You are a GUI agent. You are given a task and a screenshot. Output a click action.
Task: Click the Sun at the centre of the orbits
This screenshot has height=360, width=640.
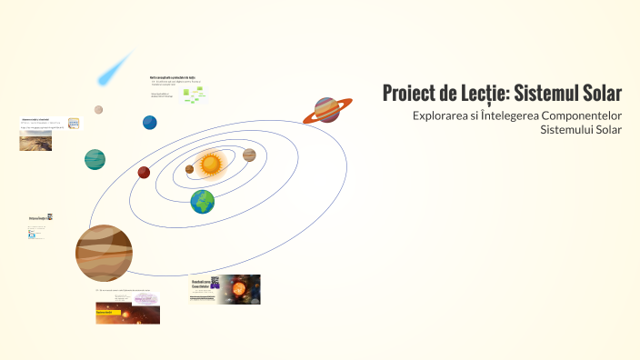pos(211,164)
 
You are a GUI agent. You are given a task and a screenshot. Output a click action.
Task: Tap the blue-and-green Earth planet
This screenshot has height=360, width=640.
pos(203,202)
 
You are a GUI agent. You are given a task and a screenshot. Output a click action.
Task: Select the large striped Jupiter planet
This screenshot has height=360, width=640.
pos(104,252)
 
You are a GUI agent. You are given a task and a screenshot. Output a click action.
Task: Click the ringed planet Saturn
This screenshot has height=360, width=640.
pos(327,111)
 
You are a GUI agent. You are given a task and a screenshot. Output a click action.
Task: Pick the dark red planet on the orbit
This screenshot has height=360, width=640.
pos(144,173)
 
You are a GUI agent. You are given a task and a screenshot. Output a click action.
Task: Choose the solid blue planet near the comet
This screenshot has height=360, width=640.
pos(149,123)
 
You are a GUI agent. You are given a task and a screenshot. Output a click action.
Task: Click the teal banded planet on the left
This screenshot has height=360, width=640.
pos(95,159)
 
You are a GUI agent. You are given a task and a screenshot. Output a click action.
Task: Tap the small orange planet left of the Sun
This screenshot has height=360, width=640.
pos(189,169)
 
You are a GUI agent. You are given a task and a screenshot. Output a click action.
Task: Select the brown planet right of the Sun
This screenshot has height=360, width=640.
pos(249,155)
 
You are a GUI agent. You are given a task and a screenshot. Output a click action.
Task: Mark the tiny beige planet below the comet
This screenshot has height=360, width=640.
pos(98,110)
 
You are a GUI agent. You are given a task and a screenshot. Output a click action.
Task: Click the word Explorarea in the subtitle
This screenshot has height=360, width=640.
pos(442,116)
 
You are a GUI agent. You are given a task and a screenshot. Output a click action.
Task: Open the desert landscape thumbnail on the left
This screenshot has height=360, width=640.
pos(35,141)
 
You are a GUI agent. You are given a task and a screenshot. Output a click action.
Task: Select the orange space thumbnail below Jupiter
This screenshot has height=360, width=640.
pos(127,315)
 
